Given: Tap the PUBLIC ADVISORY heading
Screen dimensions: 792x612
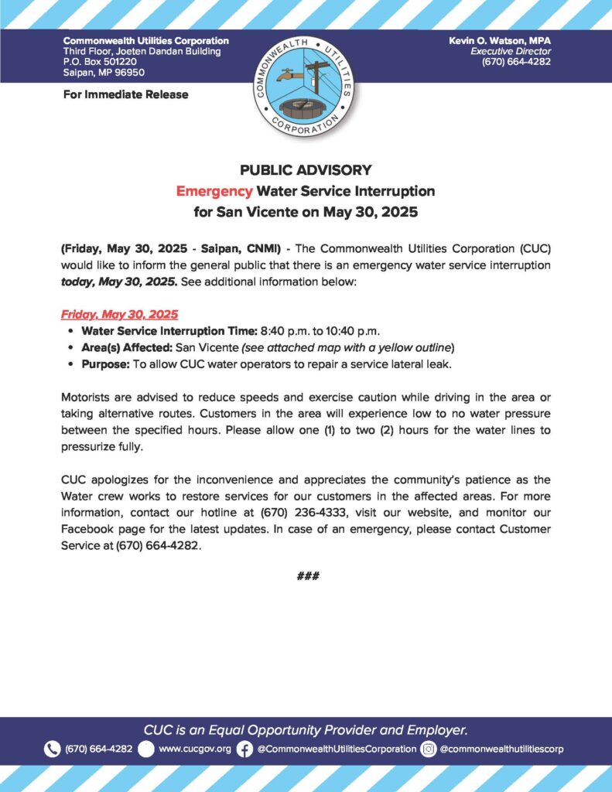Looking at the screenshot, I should pos(306,170).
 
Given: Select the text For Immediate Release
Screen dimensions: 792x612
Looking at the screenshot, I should pos(125,95).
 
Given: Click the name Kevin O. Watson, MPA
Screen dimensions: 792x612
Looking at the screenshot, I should pos(499,40).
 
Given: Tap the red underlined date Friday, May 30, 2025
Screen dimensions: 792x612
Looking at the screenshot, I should pos(119,315).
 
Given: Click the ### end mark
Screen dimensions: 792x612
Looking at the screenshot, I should pos(306,576).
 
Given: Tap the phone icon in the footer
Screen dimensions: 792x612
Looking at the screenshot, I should pos(52,749).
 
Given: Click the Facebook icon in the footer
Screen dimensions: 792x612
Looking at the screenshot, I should pos(244,749).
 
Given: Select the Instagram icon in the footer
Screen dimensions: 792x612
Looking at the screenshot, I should pos(428,749).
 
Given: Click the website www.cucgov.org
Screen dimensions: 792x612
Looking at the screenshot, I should pos(194,749).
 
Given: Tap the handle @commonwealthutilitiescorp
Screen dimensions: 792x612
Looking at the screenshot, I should pos(501,749).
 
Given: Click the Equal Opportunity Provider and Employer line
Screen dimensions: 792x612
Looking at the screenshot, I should pos(306,729).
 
